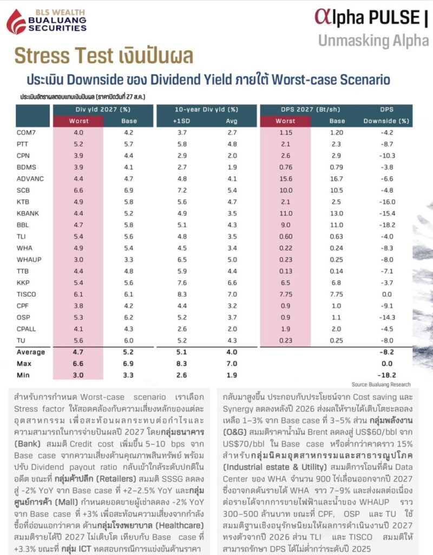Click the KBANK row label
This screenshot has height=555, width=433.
click(28, 214)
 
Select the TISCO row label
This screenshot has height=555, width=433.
click(26, 294)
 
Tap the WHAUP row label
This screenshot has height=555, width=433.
click(29, 260)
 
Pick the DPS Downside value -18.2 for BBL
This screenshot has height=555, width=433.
click(387, 225)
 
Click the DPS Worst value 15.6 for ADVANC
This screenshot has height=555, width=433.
click(286, 179)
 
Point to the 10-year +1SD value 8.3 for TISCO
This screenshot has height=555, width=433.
click(182, 294)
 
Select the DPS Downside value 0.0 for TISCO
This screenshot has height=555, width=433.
click(387, 294)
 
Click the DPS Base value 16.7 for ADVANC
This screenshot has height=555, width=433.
click(336, 179)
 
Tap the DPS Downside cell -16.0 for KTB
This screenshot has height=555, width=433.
click(387, 202)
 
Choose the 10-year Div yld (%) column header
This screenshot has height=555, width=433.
click(206, 109)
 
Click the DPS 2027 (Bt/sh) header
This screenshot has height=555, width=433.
click(310, 109)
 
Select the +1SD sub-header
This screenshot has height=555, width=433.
click(182, 121)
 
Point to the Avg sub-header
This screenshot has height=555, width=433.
click(232, 121)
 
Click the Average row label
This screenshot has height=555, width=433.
click(31, 352)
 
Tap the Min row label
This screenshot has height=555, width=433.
click(23, 375)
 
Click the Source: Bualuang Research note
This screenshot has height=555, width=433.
click(381, 384)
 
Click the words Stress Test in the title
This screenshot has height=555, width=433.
click(64, 56)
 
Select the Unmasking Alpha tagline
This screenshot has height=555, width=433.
click(373, 41)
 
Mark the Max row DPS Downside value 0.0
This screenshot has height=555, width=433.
click(387, 364)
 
